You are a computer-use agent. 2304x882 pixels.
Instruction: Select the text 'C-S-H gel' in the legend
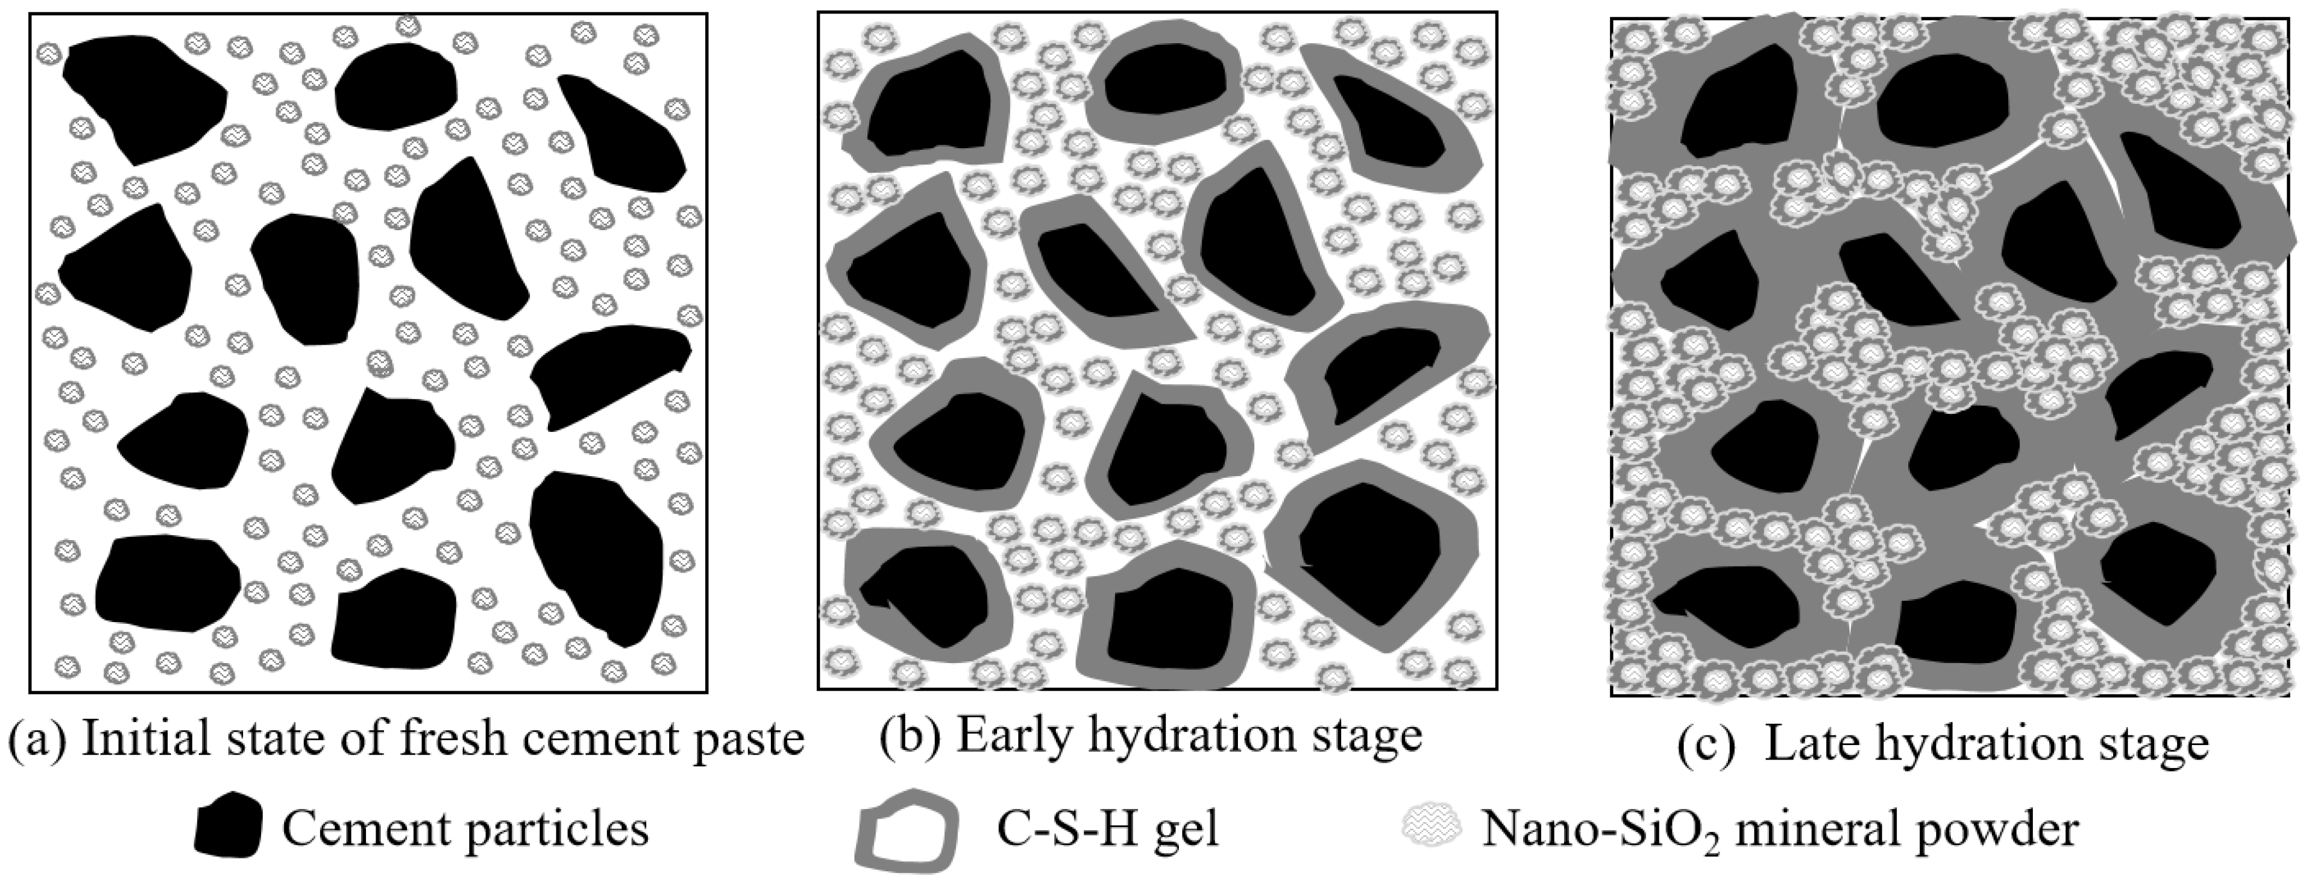[x=1107, y=829]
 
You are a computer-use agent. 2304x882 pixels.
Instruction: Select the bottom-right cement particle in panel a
[x=597, y=555]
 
